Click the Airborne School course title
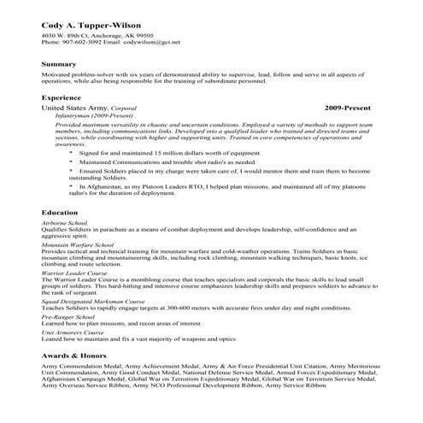tap(64, 222)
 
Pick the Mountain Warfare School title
tap(78, 244)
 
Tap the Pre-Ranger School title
tap(68, 317)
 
